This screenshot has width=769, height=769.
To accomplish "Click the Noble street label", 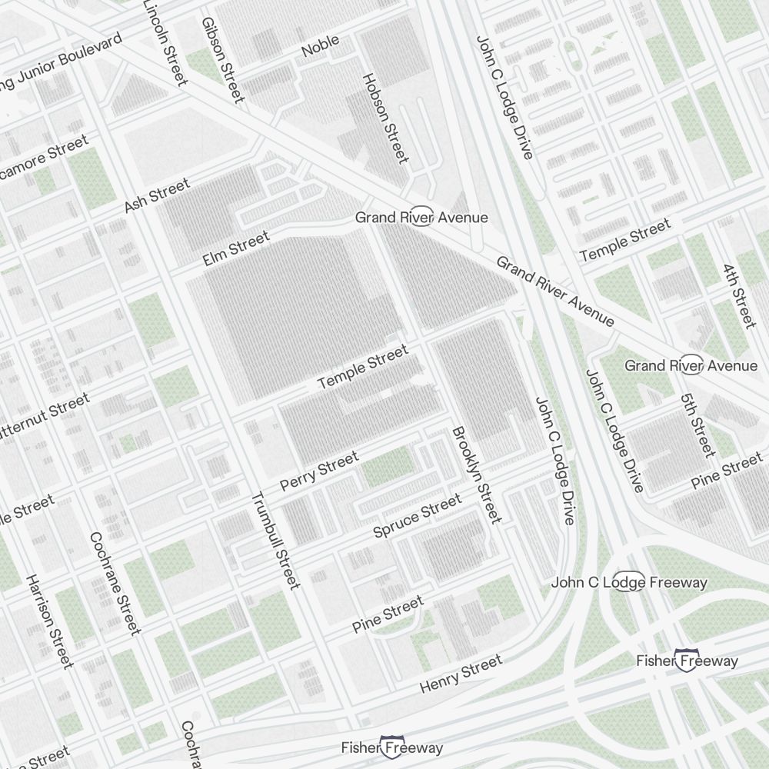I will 320,48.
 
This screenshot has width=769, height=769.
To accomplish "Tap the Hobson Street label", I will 384,118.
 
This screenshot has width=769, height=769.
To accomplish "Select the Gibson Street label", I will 222,59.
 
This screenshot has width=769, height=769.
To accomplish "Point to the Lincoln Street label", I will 165,42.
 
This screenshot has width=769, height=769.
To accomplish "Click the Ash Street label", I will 157,195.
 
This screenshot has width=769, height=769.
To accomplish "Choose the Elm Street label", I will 236,249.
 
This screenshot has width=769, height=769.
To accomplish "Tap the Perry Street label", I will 319,471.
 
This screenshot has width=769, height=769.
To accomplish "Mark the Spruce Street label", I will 418,516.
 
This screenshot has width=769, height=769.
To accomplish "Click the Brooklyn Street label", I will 476,474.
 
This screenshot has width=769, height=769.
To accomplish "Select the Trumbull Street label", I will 275,540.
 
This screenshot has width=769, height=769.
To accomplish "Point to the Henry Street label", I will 461,674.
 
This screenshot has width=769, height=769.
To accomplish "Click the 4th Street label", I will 739,296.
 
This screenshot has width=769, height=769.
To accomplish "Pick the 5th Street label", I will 697,424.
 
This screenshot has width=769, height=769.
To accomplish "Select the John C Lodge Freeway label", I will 629,582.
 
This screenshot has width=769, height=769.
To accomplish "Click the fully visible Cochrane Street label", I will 115,583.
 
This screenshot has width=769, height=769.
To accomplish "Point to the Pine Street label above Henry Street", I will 388,614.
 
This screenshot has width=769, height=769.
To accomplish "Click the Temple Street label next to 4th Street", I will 624,239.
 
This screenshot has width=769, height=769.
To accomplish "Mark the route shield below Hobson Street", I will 421,217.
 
